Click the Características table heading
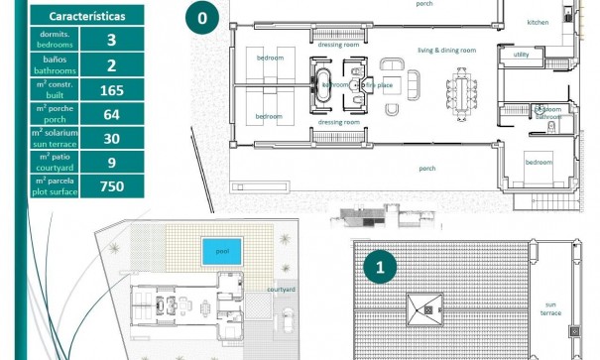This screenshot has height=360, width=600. (85, 17)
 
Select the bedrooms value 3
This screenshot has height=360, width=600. (110, 41)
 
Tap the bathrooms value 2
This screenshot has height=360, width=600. (110, 65)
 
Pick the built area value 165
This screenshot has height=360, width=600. (110, 90)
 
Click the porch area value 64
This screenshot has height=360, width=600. (110, 114)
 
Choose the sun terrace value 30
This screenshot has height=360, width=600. (110, 139)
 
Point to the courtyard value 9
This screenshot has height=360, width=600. (110, 162)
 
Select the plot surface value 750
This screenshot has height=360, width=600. (110, 185)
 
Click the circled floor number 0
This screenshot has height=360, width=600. (202, 17)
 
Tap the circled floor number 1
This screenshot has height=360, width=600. (380, 267)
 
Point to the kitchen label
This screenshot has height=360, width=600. (538, 22)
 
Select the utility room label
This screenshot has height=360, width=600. (522, 55)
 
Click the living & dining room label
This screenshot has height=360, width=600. (446, 50)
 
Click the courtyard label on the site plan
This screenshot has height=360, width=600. (281, 290)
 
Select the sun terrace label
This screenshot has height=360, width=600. (550, 308)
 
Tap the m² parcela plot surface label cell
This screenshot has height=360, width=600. (53, 185)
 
